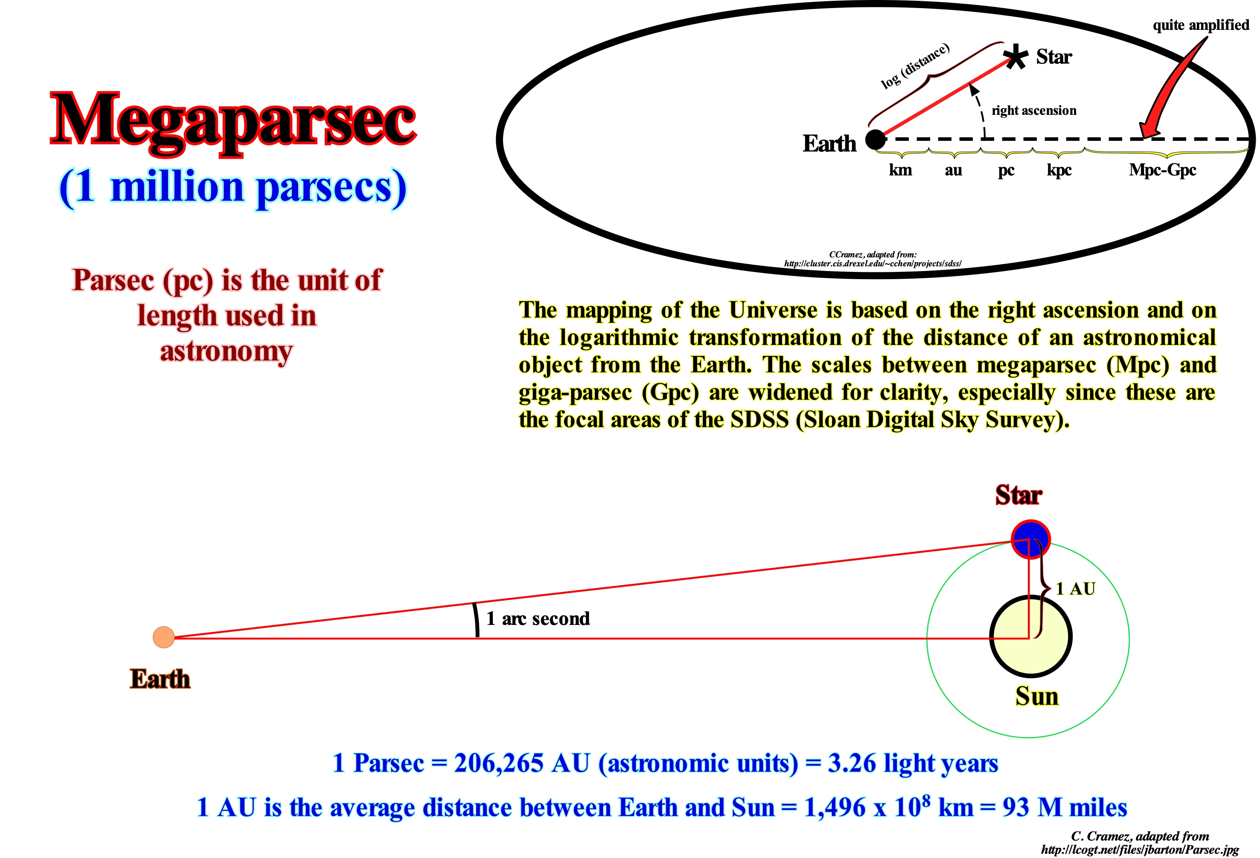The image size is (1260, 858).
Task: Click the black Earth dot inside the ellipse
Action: tap(875, 140)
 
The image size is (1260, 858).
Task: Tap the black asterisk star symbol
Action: tap(1015, 56)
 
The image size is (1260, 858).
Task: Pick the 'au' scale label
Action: tap(953, 170)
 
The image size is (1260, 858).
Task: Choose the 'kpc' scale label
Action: tap(1059, 170)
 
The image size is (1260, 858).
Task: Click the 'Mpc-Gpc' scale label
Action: tap(1162, 170)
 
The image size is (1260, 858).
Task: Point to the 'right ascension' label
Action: tap(1034, 111)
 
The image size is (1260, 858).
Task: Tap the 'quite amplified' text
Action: tap(1200, 25)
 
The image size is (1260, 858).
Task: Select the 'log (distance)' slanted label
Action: tap(915, 66)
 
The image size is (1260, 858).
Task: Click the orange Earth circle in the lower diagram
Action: tap(164, 637)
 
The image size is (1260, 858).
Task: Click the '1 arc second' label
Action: tap(537, 618)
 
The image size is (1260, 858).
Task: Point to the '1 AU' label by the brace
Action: tap(1076, 589)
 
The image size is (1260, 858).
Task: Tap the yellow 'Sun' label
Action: tap(1036, 696)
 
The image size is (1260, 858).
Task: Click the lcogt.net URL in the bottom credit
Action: tap(1140, 849)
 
